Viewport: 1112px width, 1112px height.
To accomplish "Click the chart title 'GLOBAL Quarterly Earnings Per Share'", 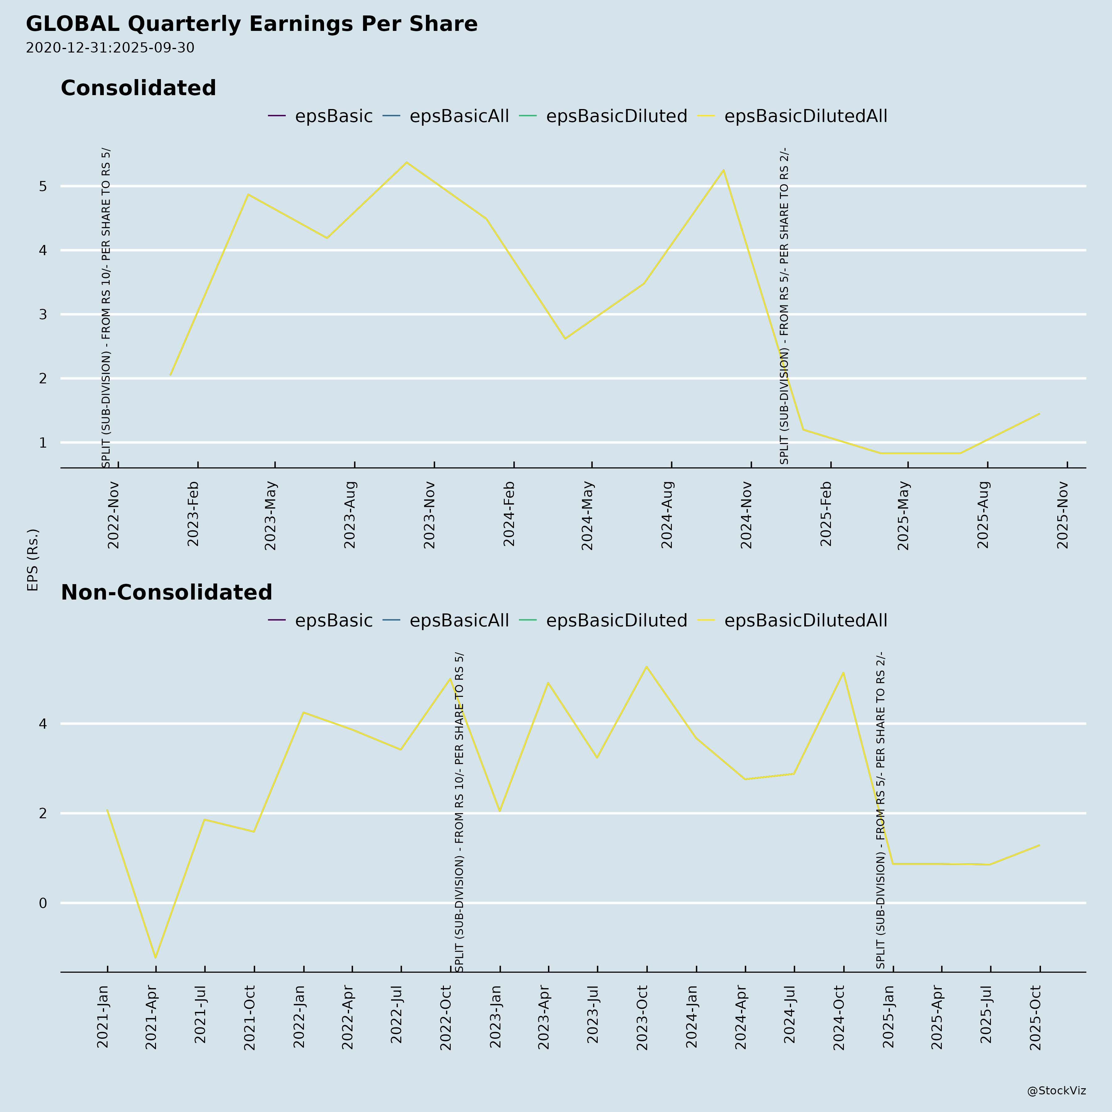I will click(x=251, y=24).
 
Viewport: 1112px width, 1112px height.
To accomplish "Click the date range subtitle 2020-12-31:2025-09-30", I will click(x=110, y=48).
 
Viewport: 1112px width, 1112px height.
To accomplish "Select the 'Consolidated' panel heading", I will click(x=138, y=88).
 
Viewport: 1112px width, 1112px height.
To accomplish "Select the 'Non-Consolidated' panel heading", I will click(x=166, y=592).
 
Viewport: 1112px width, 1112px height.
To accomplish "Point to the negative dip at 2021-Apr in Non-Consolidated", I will click(x=155, y=958).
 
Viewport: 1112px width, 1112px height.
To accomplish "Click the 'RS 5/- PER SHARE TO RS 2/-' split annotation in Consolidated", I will click(x=784, y=305).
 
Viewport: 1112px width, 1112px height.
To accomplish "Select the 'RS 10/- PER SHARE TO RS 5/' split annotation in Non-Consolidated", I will click(x=459, y=811).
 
